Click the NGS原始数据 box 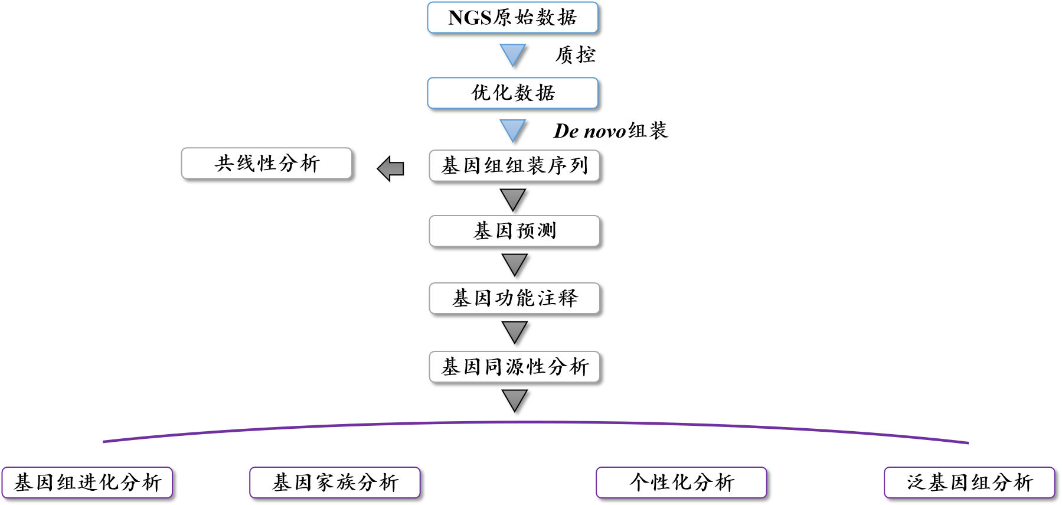click(x=512, y=18)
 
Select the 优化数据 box click(x=512, y=93)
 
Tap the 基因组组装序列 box click(x=514, y=165)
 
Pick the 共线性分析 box click(x=266, y=163)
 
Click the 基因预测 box click(x=514, y=231)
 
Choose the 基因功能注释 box click(x=514, y=298)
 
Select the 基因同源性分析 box click(x=514, y=367)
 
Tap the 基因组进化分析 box click(x=87, y=483)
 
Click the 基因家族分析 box click(x=335, y=483)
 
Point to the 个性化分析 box click(x=681, y=483)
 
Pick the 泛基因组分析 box click(x=969, y=483)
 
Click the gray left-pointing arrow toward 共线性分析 click(x=390, y=169)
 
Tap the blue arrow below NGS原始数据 click(x=512, y=54)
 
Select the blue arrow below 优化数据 click(x=512, y=129)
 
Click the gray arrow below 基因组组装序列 click(x=513, y=198)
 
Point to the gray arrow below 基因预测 click(x=514, y=263)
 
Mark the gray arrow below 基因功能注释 click(x=514, y=331)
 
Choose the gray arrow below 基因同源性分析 click(x=514, y=399)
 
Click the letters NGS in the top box click(x=470, y=18)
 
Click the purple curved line click(x=531, y=422)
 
